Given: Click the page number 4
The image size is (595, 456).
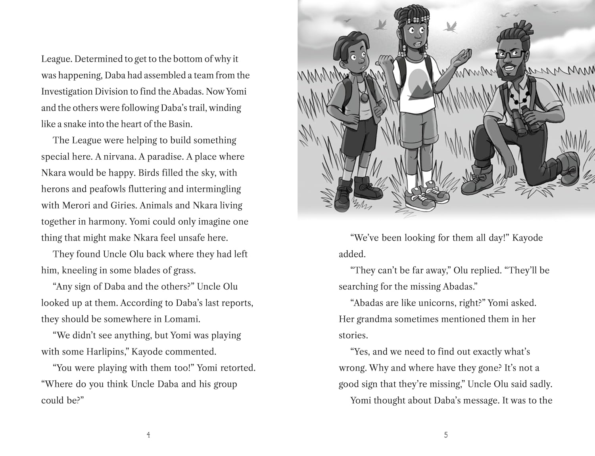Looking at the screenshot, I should (148, 435).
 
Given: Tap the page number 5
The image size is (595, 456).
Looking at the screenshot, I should (446, 435).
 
